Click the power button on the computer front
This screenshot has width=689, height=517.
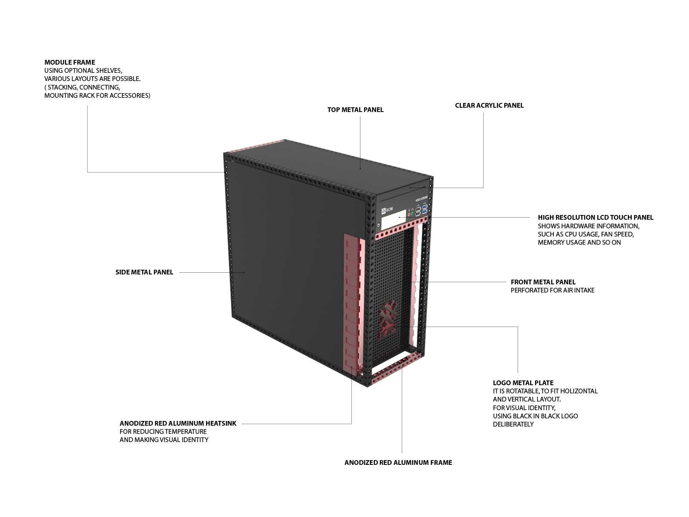pyautogui.click(x=379, y=225)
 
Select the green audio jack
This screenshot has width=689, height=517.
pyautogui.click(x=412, y=213)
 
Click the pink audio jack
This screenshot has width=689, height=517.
pyautogui.click(x=409, y=215)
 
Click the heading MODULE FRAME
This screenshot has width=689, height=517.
pyautogui.click(x=70, y=62)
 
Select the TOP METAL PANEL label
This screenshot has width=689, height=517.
pyautogui.click(x=355, y=109)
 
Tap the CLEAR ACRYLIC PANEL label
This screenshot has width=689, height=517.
pyautogui.click(x=489, y=105)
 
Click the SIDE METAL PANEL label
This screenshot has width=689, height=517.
pyautogui.click(x=144, y=272)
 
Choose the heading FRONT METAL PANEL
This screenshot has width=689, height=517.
pyautogui.click(x=543, y=282)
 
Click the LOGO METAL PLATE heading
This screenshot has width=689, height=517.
pyautogui.click(x=523, y=383)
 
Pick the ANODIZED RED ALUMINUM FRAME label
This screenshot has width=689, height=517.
pyautogui.click(x=398, y=462)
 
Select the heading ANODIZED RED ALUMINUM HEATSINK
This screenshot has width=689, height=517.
pyautogui.click(x=178, y=423)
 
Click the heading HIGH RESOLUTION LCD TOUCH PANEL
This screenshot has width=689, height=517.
pyautogui.click(x=596, y=217)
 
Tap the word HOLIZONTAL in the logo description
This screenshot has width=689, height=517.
pyautogui.click(x=579, y=391)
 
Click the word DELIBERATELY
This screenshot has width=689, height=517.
pyautogui.click(x=513, y=424)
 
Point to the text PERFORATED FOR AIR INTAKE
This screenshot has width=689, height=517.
pyautogui.click(x=552, y=290)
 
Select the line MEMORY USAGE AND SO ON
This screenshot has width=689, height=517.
pyautogui.click(x=579, y=242)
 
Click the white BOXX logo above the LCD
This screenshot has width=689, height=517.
pyautogui.click(x=388, y=210)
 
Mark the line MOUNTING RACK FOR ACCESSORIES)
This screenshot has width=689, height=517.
pyautogui.click(x=97, y=95)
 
